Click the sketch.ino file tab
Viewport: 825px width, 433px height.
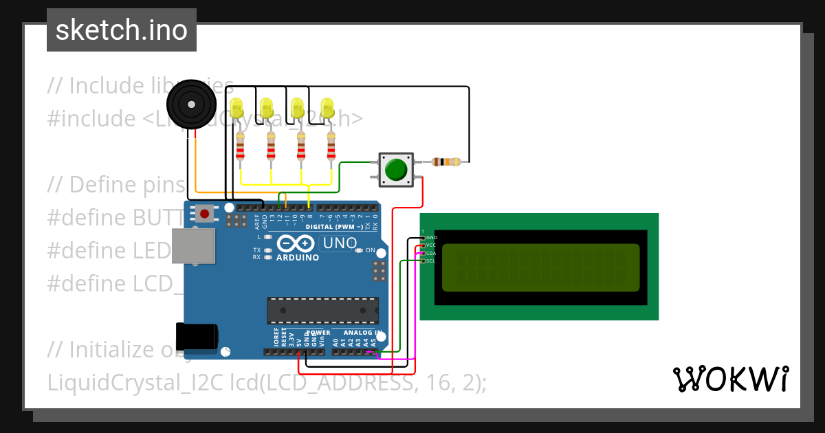coord(121,30)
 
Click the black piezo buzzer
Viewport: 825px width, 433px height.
coord(188,104)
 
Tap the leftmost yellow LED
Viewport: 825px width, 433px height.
coord(237,108)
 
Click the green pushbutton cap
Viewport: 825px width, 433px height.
coord(395,169)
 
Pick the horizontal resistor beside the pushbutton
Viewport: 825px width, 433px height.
coord(446,162)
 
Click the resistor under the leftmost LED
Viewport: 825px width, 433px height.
coord(240,146)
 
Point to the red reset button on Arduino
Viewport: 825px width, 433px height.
coord(204,214)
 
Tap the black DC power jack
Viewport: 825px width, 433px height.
coord(197,336)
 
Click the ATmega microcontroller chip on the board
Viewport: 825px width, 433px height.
coord(322,310)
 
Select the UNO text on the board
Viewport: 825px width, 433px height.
coord(340,243)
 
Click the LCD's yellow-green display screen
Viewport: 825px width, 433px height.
coord(540,268)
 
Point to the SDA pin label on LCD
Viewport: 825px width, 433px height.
coord(430,253)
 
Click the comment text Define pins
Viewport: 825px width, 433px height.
coord(117,185)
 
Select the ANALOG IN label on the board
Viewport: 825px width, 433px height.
coord(362,333)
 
